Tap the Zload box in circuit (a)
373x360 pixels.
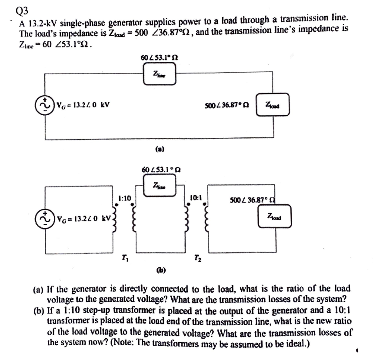pos(273,105)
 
